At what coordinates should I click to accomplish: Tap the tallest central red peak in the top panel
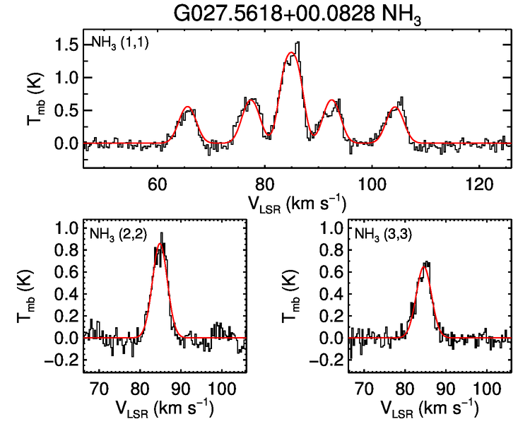pos(291,53)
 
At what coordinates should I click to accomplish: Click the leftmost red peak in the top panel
pos(188,107)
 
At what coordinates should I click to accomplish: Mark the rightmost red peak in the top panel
pos(396,108)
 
